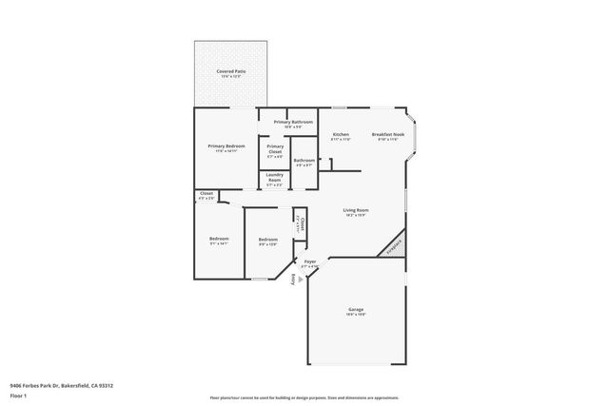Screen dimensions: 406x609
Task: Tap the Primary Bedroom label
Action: point(226,145)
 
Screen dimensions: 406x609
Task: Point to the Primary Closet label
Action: point(275,148)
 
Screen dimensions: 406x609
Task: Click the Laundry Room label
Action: point(274,180)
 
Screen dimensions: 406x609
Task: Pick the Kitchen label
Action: point(341,135)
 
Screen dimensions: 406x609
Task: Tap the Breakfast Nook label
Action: point(386,135)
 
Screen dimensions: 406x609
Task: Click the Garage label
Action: point(356,310)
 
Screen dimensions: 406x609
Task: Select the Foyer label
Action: point(310,262)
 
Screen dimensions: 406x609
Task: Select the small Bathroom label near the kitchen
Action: point(304,161)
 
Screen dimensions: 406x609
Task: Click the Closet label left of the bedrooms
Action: point(206,194)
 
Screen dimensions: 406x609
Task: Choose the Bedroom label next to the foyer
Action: point(267,240)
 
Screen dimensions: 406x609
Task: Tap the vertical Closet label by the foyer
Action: point(300,225)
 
